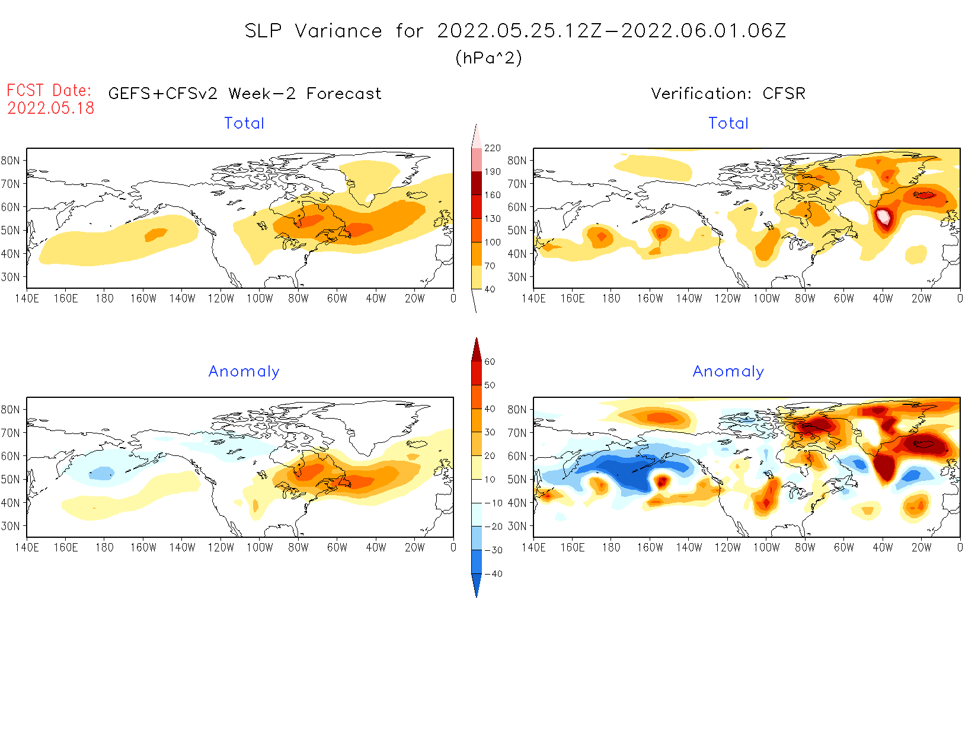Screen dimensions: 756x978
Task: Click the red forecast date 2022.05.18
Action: point(51,108)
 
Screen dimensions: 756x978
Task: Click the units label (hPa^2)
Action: point(488,58)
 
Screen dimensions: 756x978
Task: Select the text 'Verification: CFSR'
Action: point(728,94)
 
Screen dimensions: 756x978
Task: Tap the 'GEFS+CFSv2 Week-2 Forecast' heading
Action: point(245,94)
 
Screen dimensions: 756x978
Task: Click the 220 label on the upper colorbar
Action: point(492,148)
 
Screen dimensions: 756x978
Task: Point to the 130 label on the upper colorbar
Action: point(492,219)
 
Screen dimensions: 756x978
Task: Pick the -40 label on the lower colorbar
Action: point(493,574)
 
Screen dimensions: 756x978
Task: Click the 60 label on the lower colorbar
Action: point(490,362)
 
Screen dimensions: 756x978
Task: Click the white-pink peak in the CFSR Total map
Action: point(883,216)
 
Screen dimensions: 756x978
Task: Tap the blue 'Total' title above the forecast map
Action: point(244,123)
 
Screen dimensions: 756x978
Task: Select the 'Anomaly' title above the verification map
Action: point(728,372)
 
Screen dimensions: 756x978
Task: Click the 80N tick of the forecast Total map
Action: point(11,161)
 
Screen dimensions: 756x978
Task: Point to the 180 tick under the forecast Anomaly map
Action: point(104,547)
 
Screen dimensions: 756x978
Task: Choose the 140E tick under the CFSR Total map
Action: point(533,298)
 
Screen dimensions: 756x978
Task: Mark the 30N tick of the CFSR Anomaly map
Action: point(517,526)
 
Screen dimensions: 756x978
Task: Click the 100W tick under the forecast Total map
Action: point(260,298)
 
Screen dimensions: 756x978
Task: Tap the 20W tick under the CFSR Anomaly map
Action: point(921,547)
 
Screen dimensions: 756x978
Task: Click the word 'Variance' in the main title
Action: point(338,31)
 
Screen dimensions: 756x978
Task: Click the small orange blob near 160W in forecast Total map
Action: point(156,235)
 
